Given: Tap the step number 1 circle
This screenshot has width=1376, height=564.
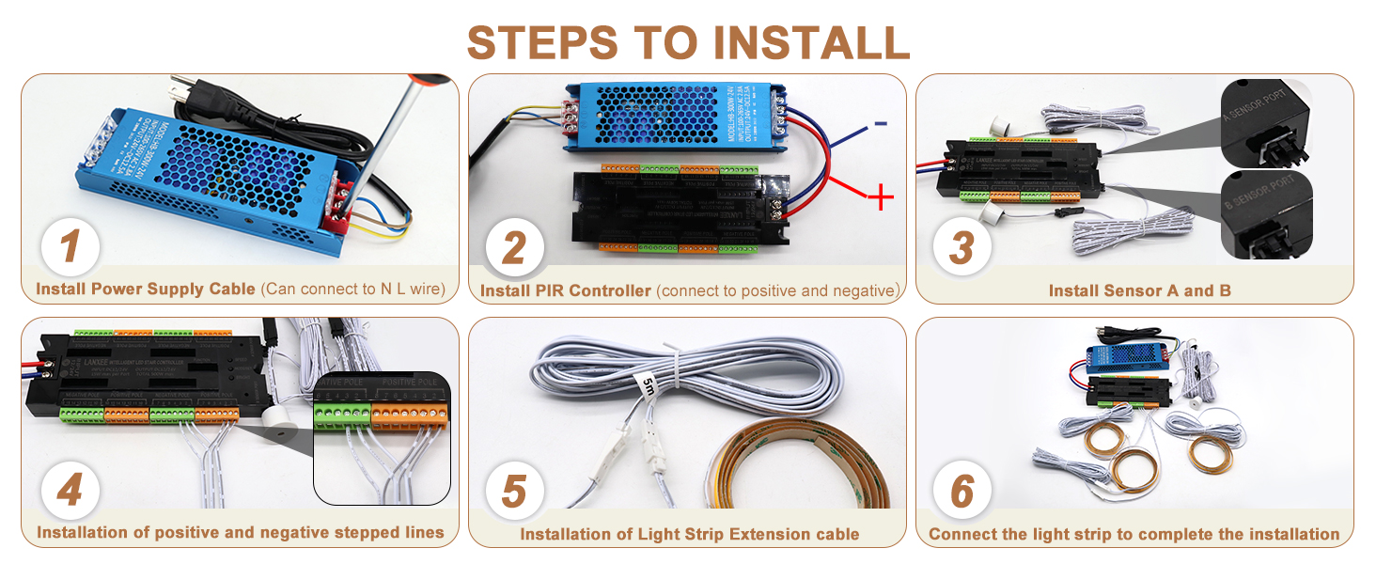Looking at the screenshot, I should point(70,248).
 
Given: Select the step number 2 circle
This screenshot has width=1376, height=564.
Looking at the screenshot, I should point(514,248).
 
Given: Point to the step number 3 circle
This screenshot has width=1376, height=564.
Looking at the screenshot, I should point(962,248).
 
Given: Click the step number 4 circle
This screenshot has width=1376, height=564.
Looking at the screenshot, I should point(70,492).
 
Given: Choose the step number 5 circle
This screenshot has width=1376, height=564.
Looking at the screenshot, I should point(514,492).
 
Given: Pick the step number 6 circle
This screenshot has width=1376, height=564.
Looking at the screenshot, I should point(962,492).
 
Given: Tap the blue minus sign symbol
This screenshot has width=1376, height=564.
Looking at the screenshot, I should point(879,123).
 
